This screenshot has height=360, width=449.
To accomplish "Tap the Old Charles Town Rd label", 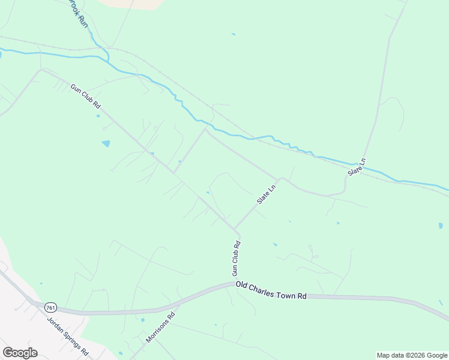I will tap(271, 290).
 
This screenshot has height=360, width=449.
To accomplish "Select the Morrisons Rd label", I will tap(160, 328).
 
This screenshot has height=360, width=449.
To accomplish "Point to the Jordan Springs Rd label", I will tap(68, 335).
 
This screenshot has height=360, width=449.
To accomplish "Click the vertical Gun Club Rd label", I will tap(237, 258).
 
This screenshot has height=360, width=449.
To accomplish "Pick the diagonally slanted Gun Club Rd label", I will tap(85, 96).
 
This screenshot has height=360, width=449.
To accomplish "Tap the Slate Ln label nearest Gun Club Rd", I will tap(266, 194).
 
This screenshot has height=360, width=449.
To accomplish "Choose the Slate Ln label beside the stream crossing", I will tap(357, 167).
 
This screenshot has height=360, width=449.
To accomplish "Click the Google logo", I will tap(20, 353).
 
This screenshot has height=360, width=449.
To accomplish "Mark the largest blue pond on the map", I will tap(106, 143).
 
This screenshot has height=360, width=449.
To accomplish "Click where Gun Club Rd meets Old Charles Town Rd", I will tap(234, 284).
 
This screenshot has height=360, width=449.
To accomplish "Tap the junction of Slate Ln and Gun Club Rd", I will tap(237, 229).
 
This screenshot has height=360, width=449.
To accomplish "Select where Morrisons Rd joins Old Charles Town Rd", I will tap(178, 304).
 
